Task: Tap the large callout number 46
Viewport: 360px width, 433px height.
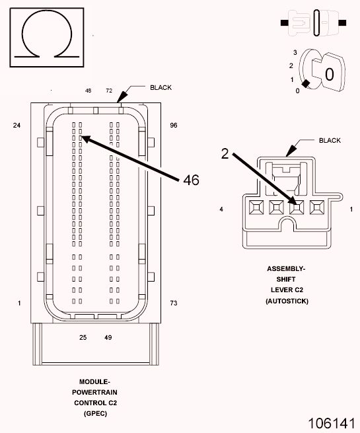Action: click(x=191, y=180)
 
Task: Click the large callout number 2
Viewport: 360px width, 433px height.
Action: click(x=225, y=153)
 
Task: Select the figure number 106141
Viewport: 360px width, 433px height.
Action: click(x=332, y=423)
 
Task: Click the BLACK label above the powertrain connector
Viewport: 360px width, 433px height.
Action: click(x=161, y=87)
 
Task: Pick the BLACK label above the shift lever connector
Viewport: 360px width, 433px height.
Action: click(x=330, y=141)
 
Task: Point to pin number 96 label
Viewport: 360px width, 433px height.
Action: click(x=174, y=126)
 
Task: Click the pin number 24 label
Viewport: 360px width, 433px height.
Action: click(x=17, y=126)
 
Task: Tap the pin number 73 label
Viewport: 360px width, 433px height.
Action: click(x=174, y=303)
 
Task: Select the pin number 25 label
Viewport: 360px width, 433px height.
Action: click(x=83, y=337)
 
